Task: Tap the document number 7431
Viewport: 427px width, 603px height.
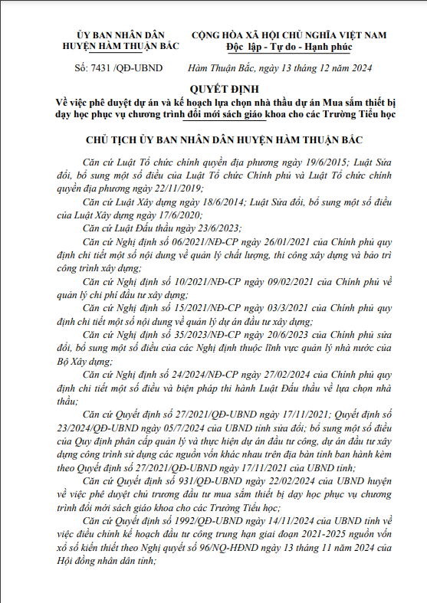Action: click(x=101, y=69)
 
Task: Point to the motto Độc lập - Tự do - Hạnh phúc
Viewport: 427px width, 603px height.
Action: click(x=289, y=46)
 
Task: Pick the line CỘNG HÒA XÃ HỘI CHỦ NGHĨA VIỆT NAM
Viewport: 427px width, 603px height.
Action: click(x=289, y=35)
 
